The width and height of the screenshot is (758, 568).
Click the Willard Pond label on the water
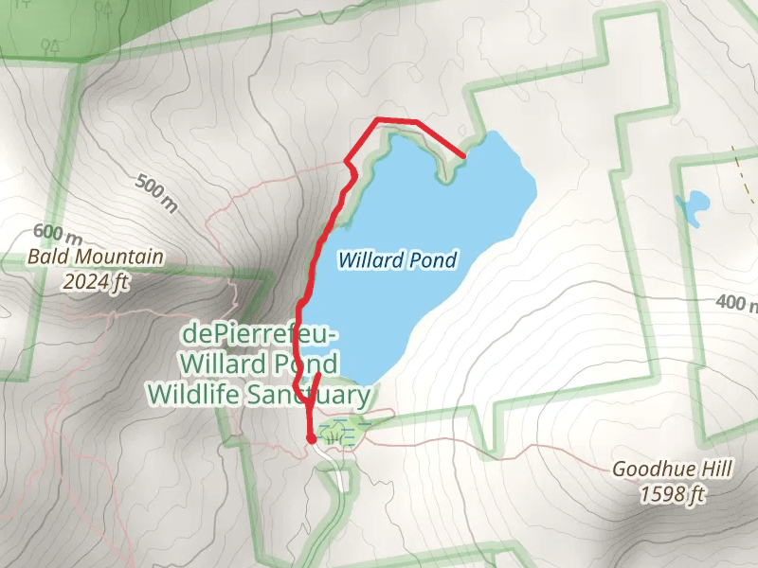[397, 259]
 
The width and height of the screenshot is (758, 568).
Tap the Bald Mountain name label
[95, 257]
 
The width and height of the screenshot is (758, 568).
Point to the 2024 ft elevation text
[95, 281]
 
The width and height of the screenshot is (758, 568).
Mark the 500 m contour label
[156, 194]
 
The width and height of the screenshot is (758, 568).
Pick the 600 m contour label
[56, 233]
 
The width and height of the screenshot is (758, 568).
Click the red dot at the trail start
[311, 438]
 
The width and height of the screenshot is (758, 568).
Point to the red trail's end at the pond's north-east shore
[463, 154]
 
